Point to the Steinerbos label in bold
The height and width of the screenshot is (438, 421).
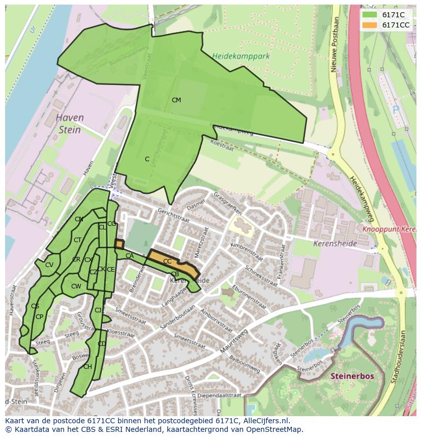352,376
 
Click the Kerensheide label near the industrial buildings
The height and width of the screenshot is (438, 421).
336,243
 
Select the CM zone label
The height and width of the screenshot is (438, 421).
176,100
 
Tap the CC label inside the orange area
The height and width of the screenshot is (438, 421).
167,261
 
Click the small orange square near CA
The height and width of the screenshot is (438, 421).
119,244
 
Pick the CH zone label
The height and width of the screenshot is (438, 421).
87,367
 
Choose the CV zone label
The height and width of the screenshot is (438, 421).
49,265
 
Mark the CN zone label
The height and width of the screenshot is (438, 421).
79,219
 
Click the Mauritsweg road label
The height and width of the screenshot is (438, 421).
233,340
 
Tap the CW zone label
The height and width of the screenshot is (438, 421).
76,286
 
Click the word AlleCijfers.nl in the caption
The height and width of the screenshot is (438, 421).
264,421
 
